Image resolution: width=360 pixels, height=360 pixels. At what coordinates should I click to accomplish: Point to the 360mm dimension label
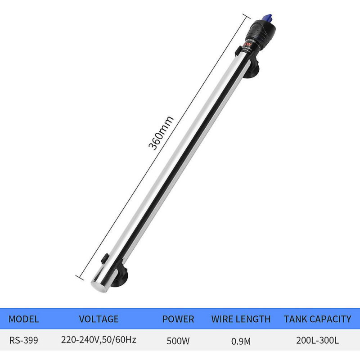(161, 133)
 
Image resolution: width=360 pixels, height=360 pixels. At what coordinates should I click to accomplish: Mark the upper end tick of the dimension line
(246, 16)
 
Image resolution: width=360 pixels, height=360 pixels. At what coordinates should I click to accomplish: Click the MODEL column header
(24, 319)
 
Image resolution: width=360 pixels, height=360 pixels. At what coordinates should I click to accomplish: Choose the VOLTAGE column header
(99, 319)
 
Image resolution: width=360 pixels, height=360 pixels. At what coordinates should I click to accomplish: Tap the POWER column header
(178, 319)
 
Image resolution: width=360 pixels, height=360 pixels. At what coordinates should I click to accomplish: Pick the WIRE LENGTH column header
(241, 319)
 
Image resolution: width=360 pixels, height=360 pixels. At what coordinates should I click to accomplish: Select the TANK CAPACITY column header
(318, 319)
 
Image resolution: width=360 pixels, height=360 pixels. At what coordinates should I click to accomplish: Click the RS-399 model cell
(24, 341)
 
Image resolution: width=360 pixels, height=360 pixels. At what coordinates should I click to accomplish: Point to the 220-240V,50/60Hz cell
(99, 341)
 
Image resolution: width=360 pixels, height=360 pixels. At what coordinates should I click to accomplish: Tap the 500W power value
(178, 341)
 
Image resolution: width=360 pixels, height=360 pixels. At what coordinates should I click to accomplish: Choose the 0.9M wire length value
(241, 341)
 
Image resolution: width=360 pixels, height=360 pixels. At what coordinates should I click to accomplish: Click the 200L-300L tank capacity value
(318, 341)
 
